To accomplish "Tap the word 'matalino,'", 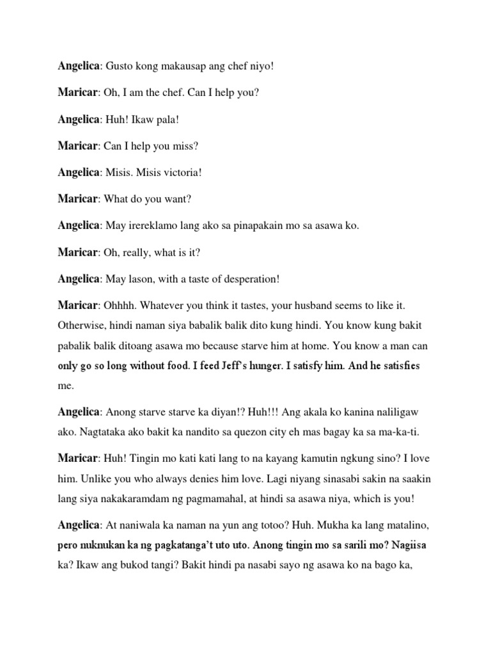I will (402, 525).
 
